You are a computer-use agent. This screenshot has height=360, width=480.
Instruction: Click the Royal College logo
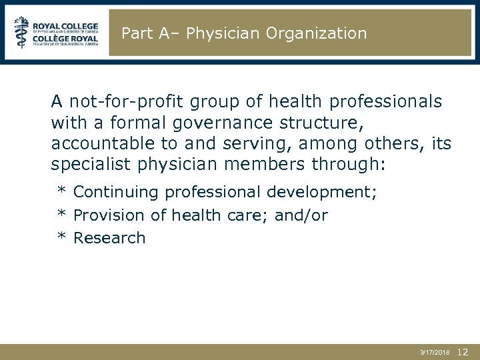point(56,32)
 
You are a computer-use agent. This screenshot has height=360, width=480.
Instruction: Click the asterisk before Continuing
point(61,192)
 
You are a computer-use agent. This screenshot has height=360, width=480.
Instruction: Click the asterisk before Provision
point(61,215)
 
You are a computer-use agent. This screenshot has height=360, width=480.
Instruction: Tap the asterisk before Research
point(61,237)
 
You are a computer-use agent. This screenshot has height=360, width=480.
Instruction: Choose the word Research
point(109,238)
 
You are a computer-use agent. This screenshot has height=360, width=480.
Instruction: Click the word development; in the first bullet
point(322,193)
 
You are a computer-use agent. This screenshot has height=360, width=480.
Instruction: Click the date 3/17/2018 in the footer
point(435,351)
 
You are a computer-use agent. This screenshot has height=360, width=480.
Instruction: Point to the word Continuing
point(116,193)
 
